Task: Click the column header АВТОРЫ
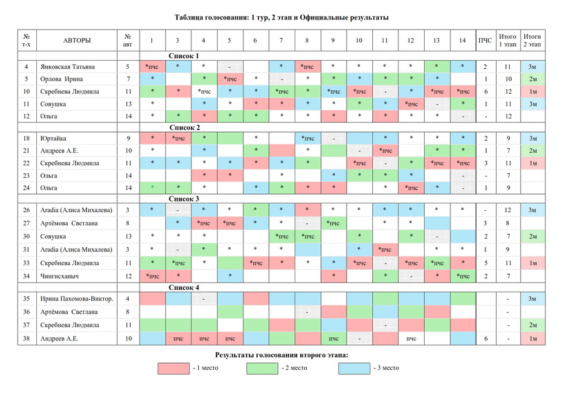tap(77, 41)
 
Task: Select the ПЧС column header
tap(485, 41)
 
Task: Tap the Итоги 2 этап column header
tap(532, 41)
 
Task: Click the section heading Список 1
tap(184, 56)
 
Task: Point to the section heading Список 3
tap(184, 199)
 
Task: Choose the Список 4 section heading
tap(184, 288)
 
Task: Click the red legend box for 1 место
tap(174, 368)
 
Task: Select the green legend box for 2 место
tap(263, 368)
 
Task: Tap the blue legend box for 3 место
tap(354, 368)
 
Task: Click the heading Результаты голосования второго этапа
tap(281, 355)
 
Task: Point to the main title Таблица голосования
tap(281, 17)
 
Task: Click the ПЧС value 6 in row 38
tap(485, 339)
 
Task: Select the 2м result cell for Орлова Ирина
tap(532, 79)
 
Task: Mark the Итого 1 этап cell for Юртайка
tap(508, 138)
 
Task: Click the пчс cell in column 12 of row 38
tap(410, 339)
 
